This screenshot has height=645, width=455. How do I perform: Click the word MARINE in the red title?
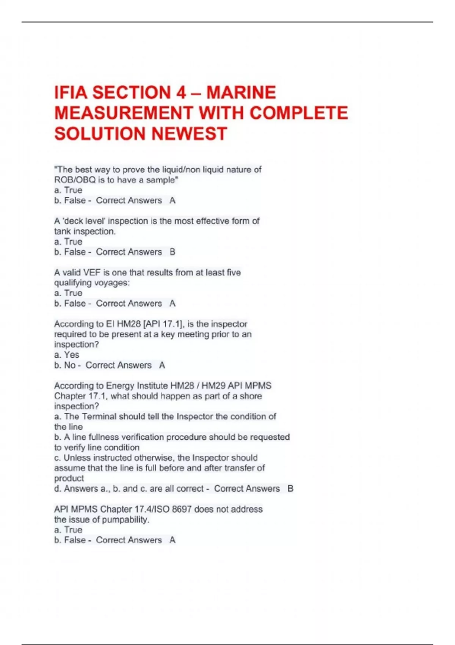click(x=241, y=93)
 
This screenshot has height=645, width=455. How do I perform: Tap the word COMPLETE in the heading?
click(x=299, y=113)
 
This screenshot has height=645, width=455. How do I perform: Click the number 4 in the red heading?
click(x=181, y=93)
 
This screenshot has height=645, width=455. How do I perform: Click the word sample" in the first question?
click(x=162, y=180)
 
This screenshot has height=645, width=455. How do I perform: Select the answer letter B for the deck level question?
click(x=173, y=252)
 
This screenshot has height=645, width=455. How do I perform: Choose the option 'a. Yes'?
click(x=67, y=355)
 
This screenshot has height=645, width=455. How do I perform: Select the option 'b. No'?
click(x=65, y=365)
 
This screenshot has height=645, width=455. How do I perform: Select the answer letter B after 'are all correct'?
click(x=290, y=489)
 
